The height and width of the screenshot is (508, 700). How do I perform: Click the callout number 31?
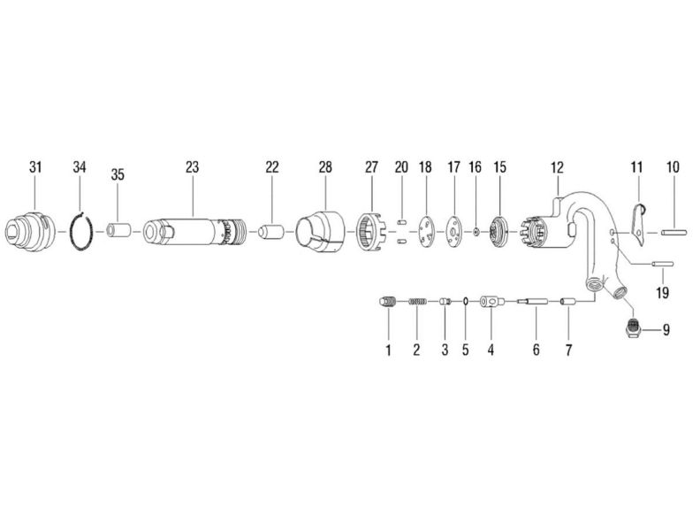[x=35, y=166]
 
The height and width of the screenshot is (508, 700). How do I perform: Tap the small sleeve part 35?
[x=118, y=233]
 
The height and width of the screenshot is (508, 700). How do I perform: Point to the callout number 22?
[x=271, y=166]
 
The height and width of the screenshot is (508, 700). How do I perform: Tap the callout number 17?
[x=454, y=166]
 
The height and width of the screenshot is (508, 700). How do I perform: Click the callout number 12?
[x=557, y=166]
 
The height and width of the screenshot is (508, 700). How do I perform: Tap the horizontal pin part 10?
[x=673, y=233]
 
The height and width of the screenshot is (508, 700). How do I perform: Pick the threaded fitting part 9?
[x=634, y=330]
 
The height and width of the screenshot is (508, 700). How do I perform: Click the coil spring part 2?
[x=417, y=303]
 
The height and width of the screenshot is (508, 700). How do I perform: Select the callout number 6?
[x=536, y=350]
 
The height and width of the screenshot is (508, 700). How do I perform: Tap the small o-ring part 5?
[x=465, y=303]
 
